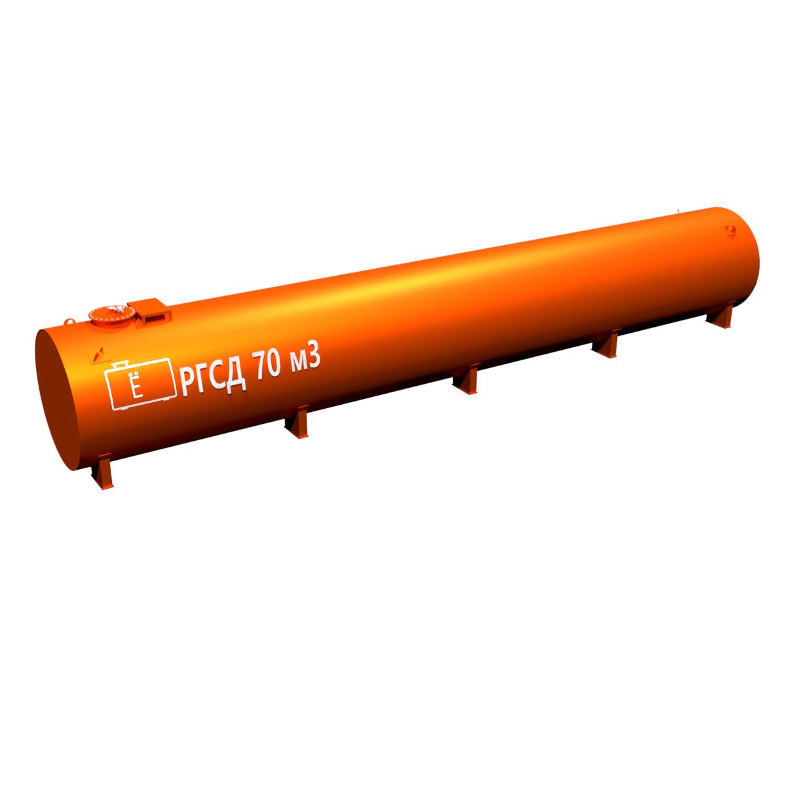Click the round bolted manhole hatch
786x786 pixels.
[111, 316]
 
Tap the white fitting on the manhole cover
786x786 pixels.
[119, 309]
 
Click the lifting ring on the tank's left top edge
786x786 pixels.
[69, 322]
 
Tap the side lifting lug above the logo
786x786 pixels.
[96, 354]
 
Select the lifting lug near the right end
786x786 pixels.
[729, 231]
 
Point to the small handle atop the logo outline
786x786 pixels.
[121, 364]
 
